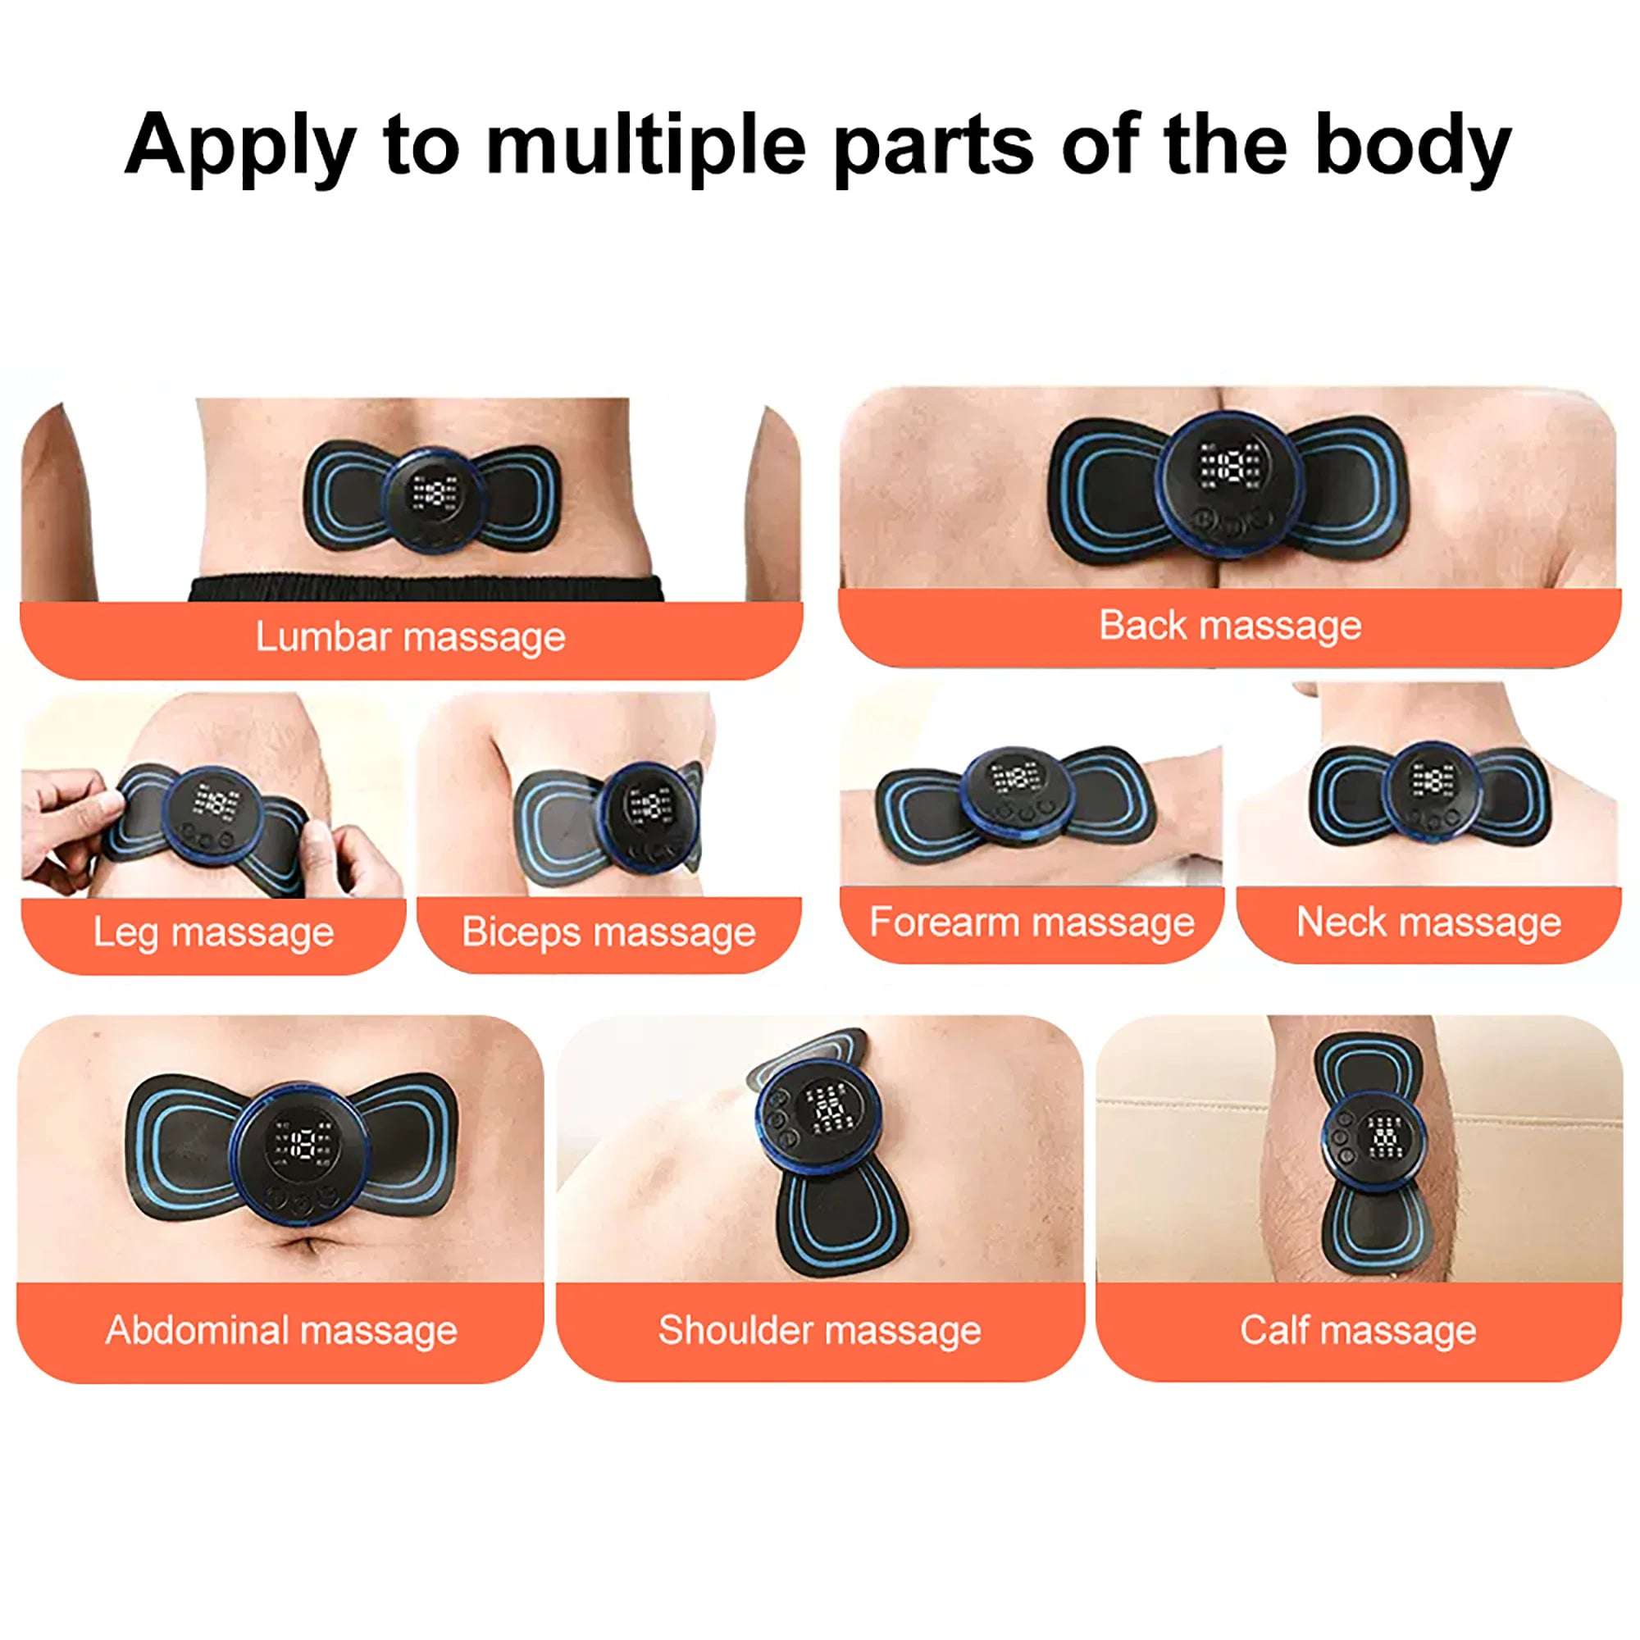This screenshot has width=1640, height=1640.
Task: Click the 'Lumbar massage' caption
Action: (410, 636)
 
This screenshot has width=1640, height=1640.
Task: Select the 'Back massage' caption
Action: (1230, 626)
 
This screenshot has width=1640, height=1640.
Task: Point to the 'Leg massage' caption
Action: (213, 932)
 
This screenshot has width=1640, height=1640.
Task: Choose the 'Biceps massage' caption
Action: (608, 932)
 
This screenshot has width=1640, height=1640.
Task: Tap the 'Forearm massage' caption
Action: (1032, 922)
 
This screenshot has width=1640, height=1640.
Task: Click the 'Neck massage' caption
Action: (1428, 922)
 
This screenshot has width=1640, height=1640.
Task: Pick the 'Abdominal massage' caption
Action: (281, 1330)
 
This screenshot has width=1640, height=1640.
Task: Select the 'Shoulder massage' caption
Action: (819, 1330)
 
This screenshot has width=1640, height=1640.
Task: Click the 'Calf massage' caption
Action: (1357, 1330)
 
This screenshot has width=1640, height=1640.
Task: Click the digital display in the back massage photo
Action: (1230, 466)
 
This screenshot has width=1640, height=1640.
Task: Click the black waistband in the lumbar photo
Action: (425, 587)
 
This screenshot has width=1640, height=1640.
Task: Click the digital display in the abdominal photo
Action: (301, 1144)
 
